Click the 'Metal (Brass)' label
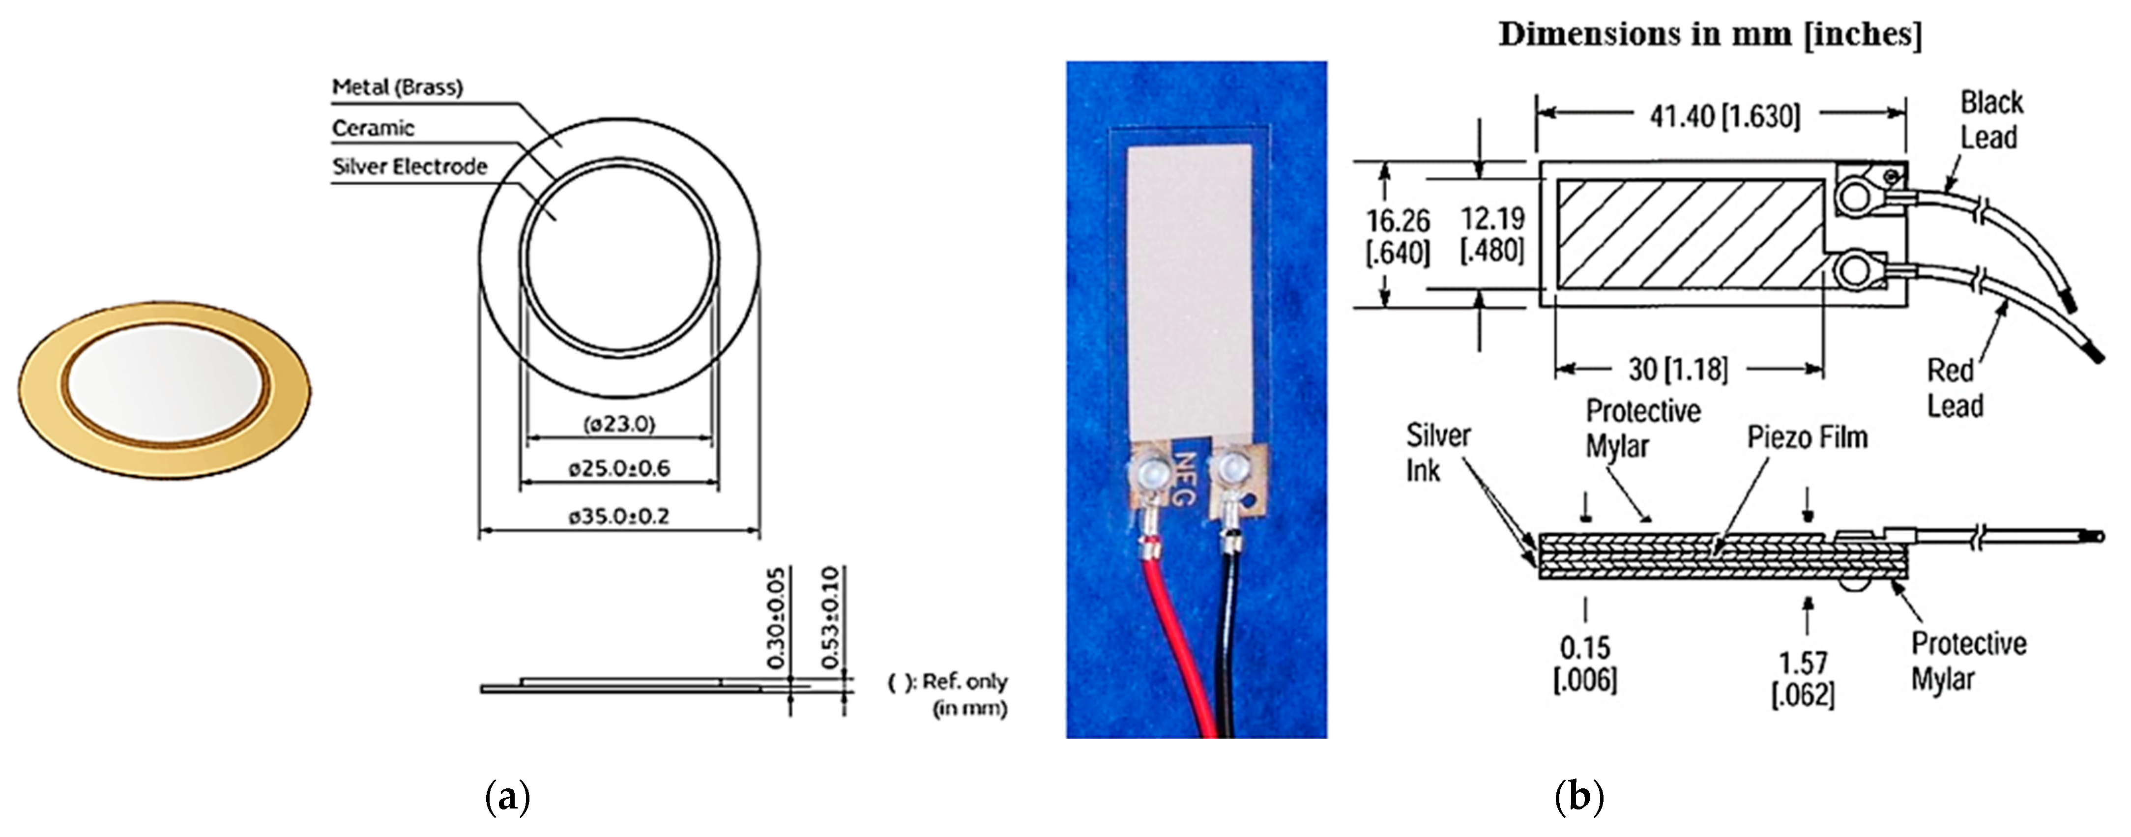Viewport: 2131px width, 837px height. point(397,87)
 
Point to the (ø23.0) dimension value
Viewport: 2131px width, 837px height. point(619,424)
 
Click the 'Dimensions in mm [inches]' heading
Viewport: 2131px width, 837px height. point(1710,35)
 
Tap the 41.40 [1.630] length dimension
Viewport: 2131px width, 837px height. point(1725,116)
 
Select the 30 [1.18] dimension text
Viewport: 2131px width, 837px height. point(1678,369)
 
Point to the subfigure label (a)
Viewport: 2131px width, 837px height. point(507,797)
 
